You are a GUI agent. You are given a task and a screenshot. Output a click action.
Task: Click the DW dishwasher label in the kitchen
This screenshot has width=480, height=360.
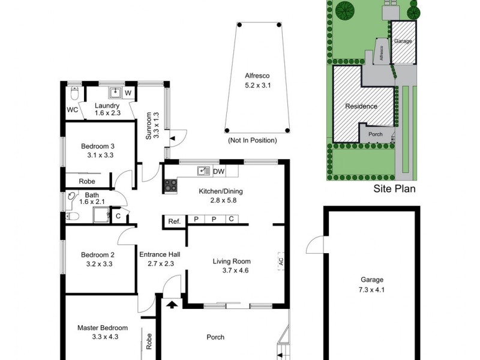219,172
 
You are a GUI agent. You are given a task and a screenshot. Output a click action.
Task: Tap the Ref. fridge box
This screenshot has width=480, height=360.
174,221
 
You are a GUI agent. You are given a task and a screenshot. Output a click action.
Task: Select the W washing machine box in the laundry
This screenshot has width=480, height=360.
128,93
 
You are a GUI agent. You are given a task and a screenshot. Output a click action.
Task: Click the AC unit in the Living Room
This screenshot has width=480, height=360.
280,261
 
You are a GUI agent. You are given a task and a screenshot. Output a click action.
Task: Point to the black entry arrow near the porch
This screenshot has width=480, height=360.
172,305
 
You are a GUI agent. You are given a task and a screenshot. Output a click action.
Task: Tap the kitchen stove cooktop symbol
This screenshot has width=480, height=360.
170,186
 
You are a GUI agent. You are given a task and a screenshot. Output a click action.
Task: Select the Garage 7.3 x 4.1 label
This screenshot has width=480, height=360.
371,284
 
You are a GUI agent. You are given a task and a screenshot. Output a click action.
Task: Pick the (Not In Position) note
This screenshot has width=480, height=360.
252,140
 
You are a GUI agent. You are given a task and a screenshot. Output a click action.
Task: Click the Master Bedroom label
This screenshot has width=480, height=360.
103,332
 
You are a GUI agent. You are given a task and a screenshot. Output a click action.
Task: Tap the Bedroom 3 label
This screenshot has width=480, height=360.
98,150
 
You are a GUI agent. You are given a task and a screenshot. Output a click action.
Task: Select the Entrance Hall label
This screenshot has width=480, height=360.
160,258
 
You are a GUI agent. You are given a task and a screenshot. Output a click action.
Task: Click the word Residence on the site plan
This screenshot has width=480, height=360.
361,106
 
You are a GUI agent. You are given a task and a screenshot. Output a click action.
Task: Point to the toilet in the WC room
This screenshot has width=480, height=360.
74,93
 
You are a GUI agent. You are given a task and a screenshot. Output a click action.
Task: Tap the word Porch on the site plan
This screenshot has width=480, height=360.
375,134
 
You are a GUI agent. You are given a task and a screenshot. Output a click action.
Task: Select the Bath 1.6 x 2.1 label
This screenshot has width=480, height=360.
92,199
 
